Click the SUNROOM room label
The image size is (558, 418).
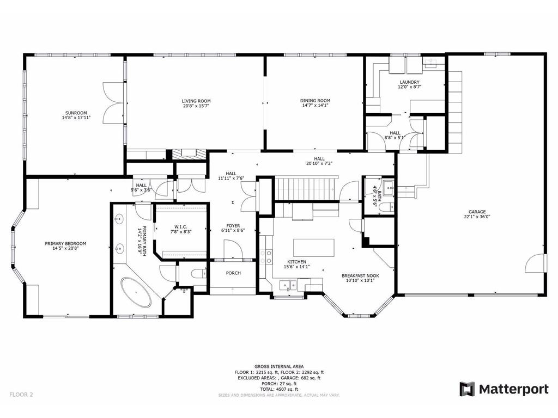click(x=76, y=113)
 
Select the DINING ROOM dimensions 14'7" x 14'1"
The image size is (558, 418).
click(x=315, y=105)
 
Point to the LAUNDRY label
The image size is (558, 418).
click(x=409, y=82)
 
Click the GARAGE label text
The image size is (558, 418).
click(x=477, y=212)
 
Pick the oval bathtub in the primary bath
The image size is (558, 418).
click(x=136, y=292)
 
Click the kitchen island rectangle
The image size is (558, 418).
click(x=313, y=248)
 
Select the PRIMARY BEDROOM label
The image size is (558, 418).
click(x=65, y=243)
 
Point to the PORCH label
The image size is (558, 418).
click(x=233, y=273)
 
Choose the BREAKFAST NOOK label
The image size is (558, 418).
click(x=360, y=275)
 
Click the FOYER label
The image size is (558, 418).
click(x=233, y=226)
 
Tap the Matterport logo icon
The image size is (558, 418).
click(x=467, y=389)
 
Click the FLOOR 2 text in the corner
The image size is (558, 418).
click(x=21, y=394)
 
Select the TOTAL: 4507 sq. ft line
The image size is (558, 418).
click(x=278, y=389)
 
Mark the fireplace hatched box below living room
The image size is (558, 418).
click(x=189, y=154)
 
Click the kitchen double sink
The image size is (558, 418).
click(x=288, y=285)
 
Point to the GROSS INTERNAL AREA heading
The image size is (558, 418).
click(x=279, y=366)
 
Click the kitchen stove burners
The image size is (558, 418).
click(x=266, y=257)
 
